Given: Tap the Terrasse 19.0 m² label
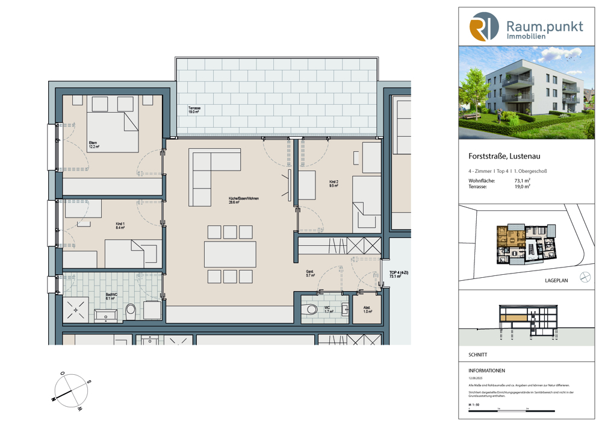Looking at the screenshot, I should [x=194, y=110].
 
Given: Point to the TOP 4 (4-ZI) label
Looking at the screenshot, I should [x=394, y=275].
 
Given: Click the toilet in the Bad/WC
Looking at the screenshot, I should [x=131, y=312].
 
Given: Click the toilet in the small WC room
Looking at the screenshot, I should [x=311, y=309].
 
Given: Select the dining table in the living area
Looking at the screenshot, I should [x=230, y=254].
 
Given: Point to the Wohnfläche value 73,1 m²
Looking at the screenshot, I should [x=521, y=180].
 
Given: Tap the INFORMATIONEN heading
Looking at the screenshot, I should [x=486, y=371].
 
